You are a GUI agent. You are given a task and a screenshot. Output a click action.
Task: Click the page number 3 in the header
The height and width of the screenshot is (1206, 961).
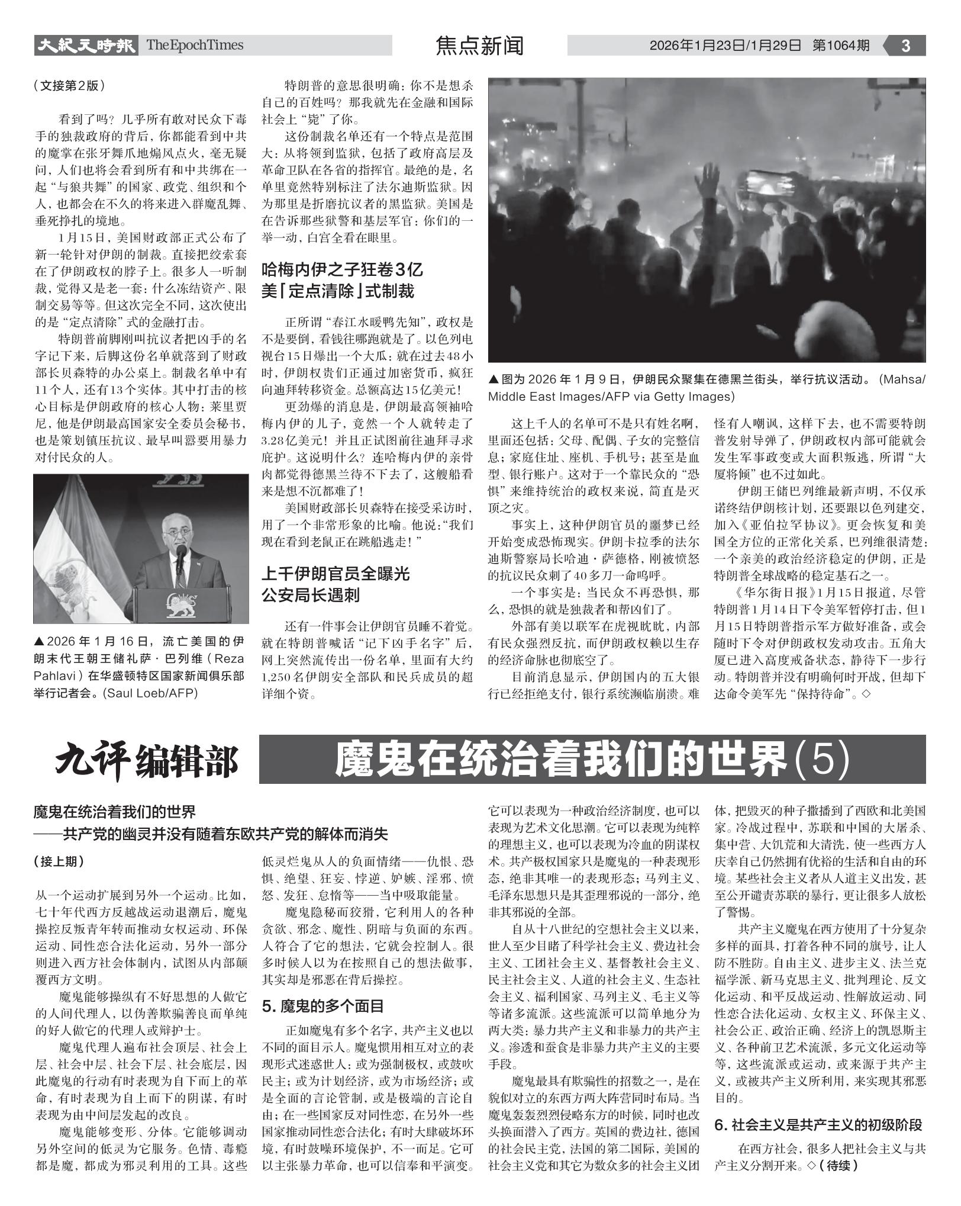point(905,46)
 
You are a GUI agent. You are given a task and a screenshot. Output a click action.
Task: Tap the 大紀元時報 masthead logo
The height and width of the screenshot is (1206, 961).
point(85,45)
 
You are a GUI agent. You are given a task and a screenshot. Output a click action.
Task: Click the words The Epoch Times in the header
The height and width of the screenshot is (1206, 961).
point(195,45)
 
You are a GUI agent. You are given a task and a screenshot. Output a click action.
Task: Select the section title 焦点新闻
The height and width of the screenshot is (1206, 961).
point(479,46)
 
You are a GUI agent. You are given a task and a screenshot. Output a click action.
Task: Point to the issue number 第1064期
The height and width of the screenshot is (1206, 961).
point(841,46)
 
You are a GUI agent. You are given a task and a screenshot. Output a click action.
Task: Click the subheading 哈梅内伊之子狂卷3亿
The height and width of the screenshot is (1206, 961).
point(343,270)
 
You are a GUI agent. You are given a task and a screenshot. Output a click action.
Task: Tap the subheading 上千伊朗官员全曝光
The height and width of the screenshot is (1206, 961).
point(336,574)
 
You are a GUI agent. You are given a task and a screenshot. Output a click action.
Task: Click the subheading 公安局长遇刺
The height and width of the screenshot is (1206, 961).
point(311,595)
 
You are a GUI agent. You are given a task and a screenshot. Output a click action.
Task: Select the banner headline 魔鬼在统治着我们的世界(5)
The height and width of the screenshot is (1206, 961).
point(592,760)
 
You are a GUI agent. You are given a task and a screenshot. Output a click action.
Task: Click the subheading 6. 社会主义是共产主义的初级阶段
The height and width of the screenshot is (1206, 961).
point(819,1125)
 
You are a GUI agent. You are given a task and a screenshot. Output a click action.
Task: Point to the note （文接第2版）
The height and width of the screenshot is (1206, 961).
point(70,85)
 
